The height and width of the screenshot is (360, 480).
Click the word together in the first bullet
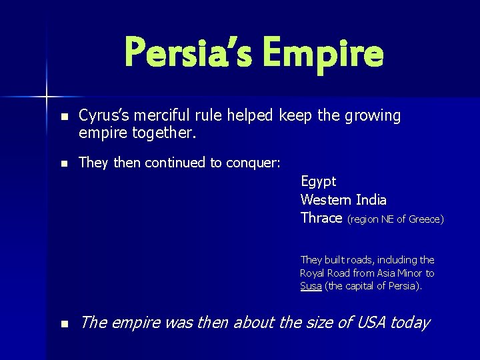(x=160, y=133)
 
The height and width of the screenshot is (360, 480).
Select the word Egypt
(x=318, y=182)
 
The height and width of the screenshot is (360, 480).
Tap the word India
(x=371, y=200)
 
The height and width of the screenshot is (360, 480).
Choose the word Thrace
(x=321, y=218)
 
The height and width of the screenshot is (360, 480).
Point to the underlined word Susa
(x=311, y=286)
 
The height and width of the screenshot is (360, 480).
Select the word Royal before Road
(x=313, y=273)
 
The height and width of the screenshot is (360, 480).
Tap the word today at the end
(x=410, y=323)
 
